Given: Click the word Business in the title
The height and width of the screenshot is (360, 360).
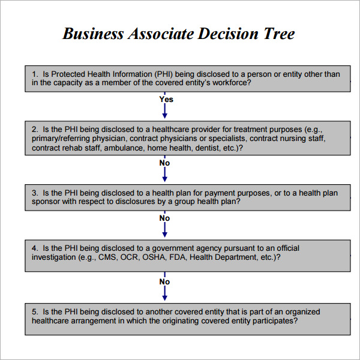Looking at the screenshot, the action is click(x=93, y=34).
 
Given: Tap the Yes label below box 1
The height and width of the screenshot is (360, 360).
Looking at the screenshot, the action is click(x=166, y=100).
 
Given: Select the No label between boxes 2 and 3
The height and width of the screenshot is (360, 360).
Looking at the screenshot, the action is click(x=164, y=163).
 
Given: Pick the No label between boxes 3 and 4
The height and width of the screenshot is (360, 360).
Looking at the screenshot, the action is click(x=164, y=218).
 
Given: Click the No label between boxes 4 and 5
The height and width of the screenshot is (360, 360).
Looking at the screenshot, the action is click(x=164, y=282).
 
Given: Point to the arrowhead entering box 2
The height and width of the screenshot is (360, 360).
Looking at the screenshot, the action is click(x=164, y=116).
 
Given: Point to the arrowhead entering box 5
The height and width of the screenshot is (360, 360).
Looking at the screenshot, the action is click(x=164, y=298).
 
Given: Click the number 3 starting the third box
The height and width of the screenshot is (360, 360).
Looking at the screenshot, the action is click(x=35, y=193).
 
